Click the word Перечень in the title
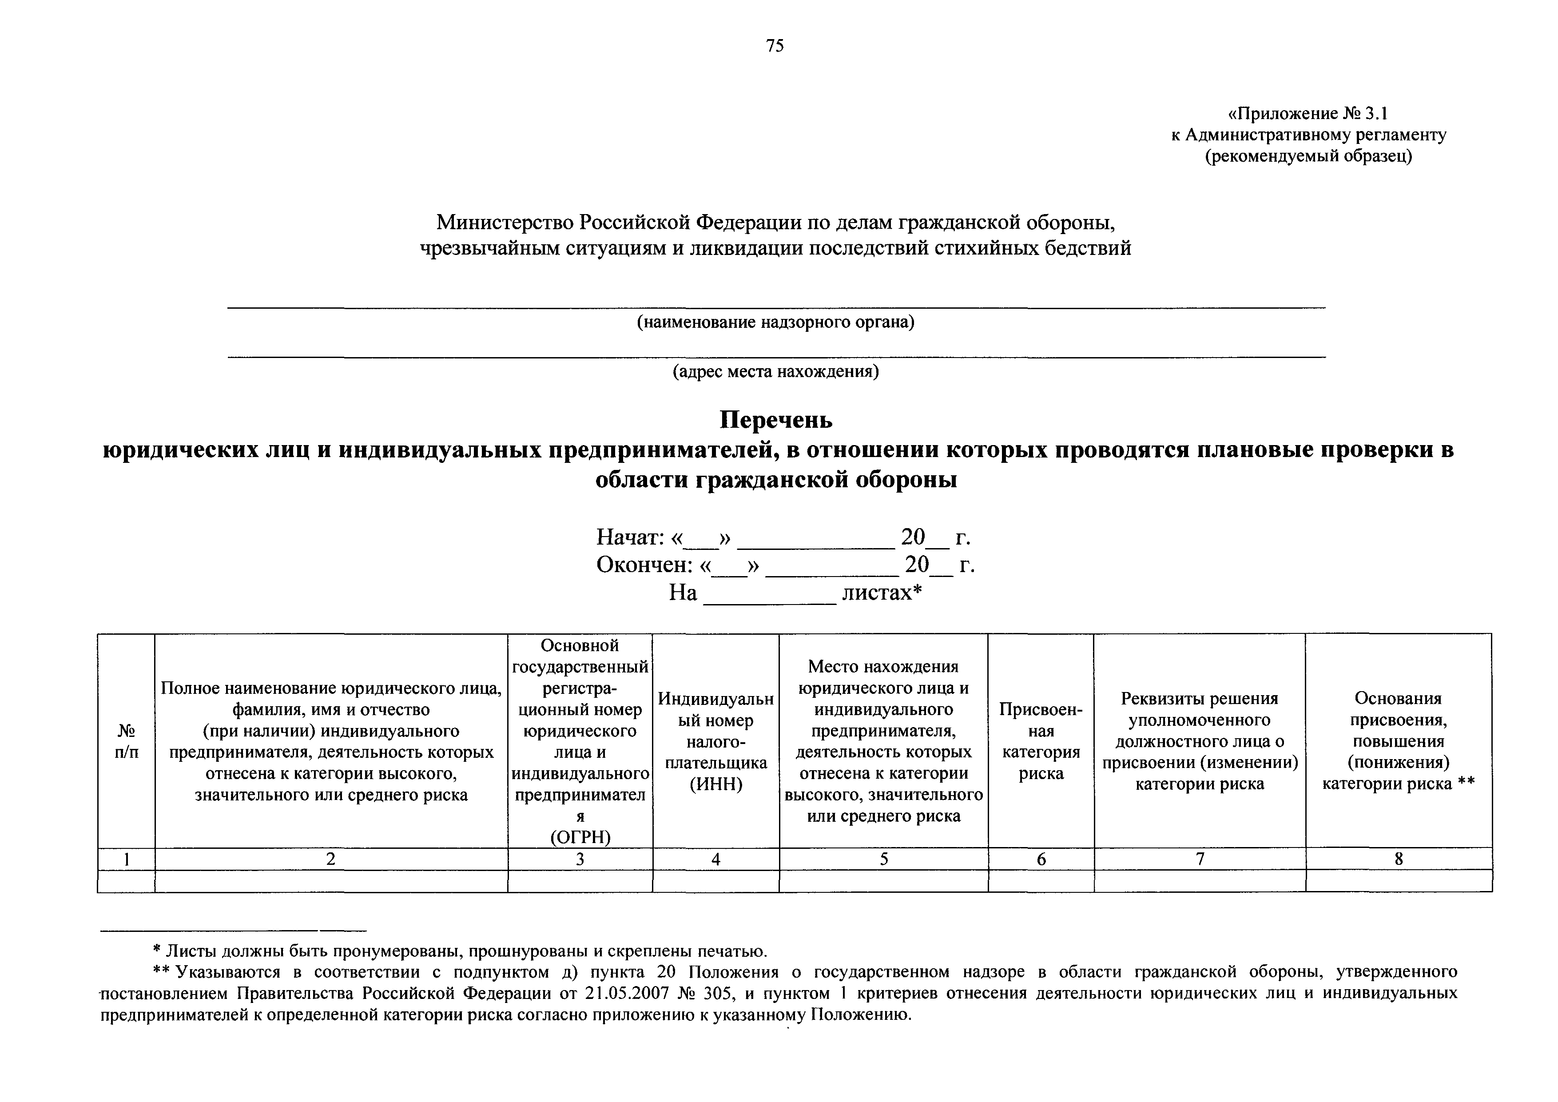pos(775,421)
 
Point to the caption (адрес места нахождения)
pos(775,371)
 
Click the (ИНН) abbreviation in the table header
pos(716,784)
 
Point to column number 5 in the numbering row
pos(883,859)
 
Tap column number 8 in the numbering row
pos(1399,859)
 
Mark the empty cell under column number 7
pos(1200,881)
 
